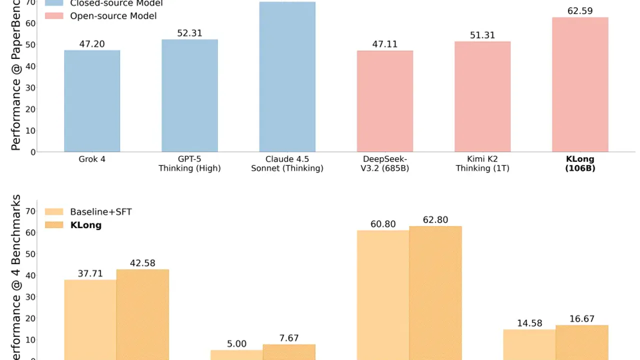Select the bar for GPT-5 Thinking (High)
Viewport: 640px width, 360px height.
[189, 95]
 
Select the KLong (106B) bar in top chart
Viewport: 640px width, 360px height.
[580, 84]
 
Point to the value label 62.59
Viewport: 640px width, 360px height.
[580, 10]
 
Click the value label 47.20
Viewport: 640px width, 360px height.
[92, 44]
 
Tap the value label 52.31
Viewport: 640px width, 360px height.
[189, 33]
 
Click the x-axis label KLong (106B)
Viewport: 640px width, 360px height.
[580, 163]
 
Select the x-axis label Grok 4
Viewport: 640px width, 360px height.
[92, 159]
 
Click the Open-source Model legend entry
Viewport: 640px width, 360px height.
[113, 16]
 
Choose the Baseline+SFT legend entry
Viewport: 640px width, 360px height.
[100, 211]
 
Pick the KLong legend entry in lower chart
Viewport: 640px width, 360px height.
[85, 225]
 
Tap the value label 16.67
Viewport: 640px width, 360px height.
[582, 318]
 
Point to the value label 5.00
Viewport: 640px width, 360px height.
[236, 344]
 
